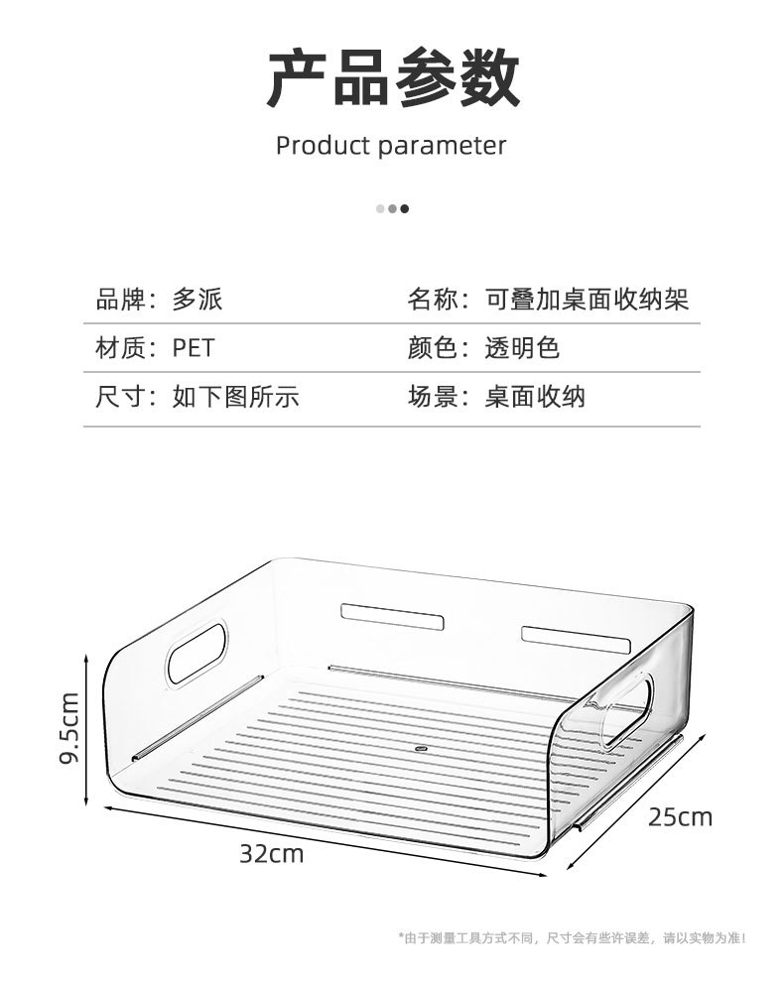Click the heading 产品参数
coord(392,78)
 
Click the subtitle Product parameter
coord(391,146)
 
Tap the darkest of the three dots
coord(405,208)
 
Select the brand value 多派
coord(197,299)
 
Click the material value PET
coord(193,348)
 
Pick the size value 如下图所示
coord(235,398)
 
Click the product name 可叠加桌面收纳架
coord(587,299)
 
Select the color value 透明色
coord(522,348)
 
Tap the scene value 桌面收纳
coord(535,398)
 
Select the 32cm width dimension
coord(271,853)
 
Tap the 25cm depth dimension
coord(680,817)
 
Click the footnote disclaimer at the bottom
coord(572,937)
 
